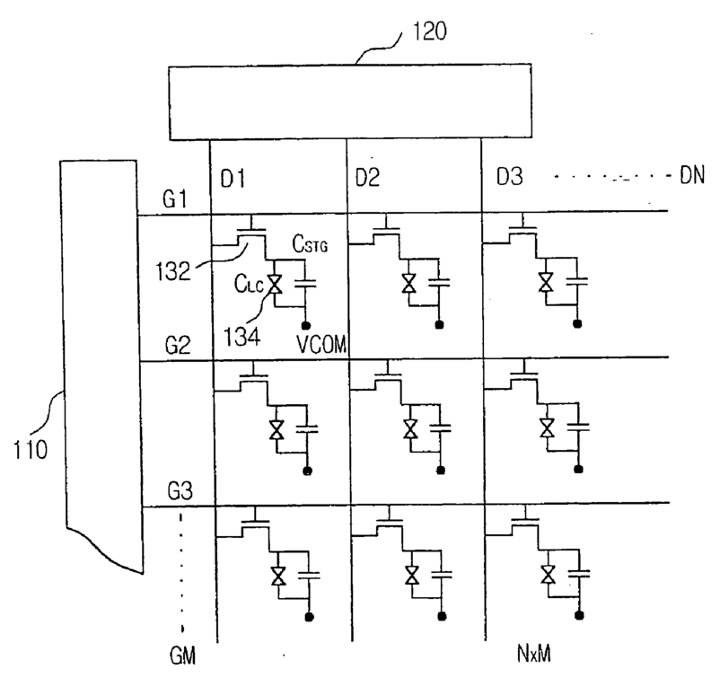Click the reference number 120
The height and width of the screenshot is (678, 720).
(x=430, y=31)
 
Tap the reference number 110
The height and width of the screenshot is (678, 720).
(x=31, y=449)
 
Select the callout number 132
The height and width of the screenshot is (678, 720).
(x=172, y=271)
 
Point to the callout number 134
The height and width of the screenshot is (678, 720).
(x=242, y=336)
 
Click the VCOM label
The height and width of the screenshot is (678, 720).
(x=321, y=344)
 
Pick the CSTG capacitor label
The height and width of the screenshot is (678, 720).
(x=310, y=244)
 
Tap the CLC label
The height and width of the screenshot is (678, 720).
(x=250, y=284)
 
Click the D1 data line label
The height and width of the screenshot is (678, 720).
(x=233, y=178)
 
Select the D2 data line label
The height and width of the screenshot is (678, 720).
(x=368, y=177)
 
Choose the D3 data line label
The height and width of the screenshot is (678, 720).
(x=510, y=176)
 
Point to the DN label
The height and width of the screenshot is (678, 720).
(x=692, y=175)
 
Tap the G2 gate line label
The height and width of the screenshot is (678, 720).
(x=178, y=345)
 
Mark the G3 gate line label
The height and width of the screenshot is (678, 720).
(x=180, y=491)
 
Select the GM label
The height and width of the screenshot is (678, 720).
(x=183, y=655)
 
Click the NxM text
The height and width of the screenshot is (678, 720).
(x=534, y=653)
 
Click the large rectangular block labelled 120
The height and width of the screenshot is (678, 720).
(x=350, y=101)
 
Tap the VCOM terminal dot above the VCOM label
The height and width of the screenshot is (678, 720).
(x=306, y=326)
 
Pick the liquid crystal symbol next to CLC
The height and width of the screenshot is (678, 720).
(x=275, y=285)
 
